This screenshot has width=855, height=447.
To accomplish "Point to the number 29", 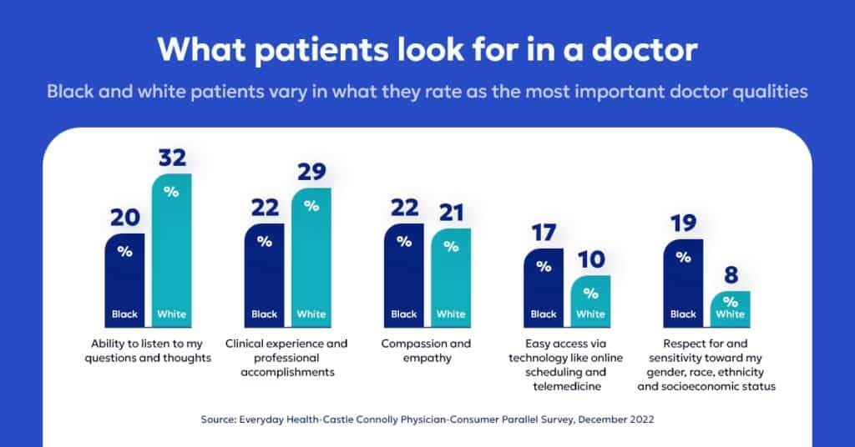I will (x=311, y=172).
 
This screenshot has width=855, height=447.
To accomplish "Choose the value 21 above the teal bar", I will (x=451, y=213).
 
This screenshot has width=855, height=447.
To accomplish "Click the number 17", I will (x=544, y=233).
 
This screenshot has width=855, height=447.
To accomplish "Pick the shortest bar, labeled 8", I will (x=731, y=308).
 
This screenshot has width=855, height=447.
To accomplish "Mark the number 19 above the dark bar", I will (x=683, y=223).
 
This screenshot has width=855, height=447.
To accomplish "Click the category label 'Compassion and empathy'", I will (x=426, y=350).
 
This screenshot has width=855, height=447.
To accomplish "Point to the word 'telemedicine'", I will (x=567, y=386).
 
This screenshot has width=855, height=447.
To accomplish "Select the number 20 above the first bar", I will (x=124, y=218).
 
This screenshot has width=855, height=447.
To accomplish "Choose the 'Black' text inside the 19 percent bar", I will (x=683, y=314).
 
